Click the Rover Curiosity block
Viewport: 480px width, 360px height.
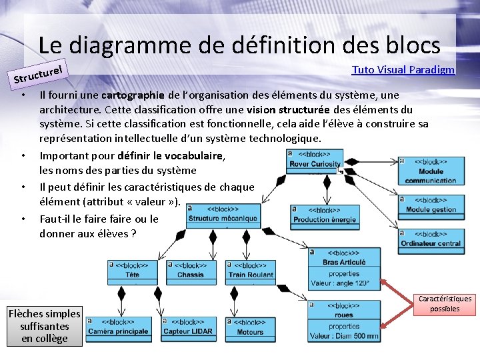point(315,159)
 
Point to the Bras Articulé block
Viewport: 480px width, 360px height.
point(344,269)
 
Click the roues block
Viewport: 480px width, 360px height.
point(344,320)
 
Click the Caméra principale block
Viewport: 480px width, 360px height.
point(118,327)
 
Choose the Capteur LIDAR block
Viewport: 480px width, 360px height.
point(187,327)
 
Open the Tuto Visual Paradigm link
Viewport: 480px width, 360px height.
point(403,70)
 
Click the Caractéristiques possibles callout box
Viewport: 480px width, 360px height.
point(445,304)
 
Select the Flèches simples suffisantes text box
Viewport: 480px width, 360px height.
point(45,326)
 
